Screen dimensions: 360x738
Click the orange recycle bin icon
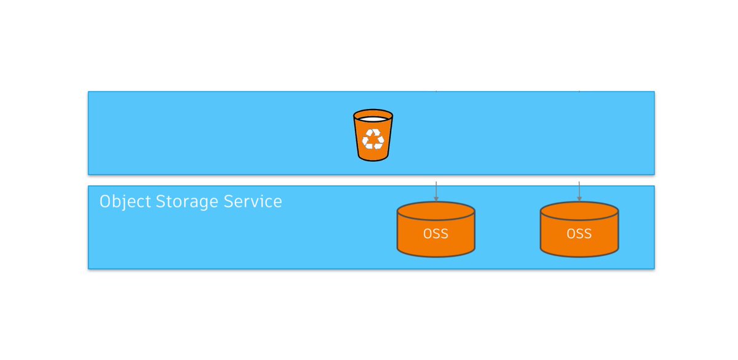373,135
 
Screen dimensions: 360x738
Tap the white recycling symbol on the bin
373,139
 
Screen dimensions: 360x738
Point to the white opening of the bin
373,118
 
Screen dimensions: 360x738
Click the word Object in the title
125,202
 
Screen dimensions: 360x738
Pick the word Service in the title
255,202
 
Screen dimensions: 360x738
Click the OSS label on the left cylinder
436,234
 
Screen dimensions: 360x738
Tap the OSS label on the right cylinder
579,234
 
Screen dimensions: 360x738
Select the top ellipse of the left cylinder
436,210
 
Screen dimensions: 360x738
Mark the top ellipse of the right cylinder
579,210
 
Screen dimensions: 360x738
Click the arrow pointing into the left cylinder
436,192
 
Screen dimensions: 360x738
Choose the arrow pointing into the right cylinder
579,192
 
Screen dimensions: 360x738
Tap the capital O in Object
105,202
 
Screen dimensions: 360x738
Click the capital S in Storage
161,202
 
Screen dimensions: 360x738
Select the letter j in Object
125,203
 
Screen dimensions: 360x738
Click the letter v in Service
258,202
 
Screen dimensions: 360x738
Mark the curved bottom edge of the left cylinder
436,255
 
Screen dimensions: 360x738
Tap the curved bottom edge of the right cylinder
579,255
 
